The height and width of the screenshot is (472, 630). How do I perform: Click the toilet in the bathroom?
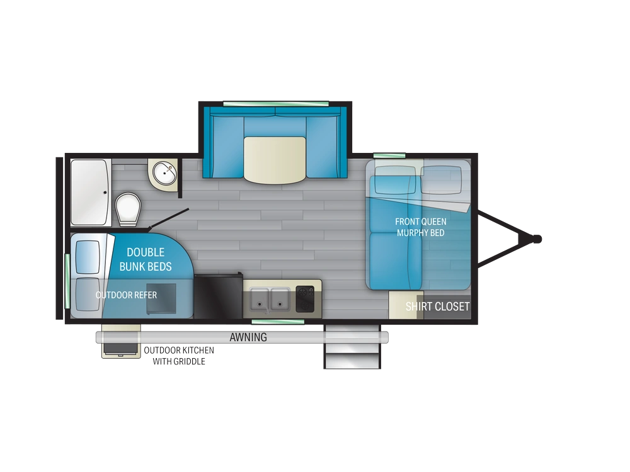click(x=128, y=209)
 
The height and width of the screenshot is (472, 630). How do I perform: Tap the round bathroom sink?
click(x=164, y=173)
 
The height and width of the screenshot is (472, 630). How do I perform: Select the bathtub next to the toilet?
click(x=91, y=193)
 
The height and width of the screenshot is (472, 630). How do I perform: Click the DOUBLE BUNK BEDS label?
click(x=146, y=259)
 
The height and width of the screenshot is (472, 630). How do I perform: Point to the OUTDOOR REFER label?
click(x=126, y=295)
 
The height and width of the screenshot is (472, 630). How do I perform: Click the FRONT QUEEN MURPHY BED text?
click(x=421, y=227)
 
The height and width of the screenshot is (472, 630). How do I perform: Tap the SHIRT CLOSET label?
click(x=438, y=306)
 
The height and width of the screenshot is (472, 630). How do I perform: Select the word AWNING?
click(x=248, y=337)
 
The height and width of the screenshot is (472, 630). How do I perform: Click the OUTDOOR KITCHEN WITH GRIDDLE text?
click(x=179, y=356)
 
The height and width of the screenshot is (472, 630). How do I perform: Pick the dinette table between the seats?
click(x=275, y=160)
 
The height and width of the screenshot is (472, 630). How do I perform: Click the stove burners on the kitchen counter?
click(x=305, y=298)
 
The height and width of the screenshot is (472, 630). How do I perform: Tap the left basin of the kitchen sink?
click(x=259, y=300)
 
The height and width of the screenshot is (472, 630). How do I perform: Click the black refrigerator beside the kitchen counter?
click(x=219, y=295)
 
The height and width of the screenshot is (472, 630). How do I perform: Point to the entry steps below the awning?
click(x=352, y=346)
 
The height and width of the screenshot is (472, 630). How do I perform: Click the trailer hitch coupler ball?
click(x=537, y=239)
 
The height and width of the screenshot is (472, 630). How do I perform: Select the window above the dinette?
click(x=276, y=104)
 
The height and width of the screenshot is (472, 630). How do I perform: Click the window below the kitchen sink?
click(x=278, y=322)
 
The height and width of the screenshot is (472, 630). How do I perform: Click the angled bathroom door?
click(x=169, y=219)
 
